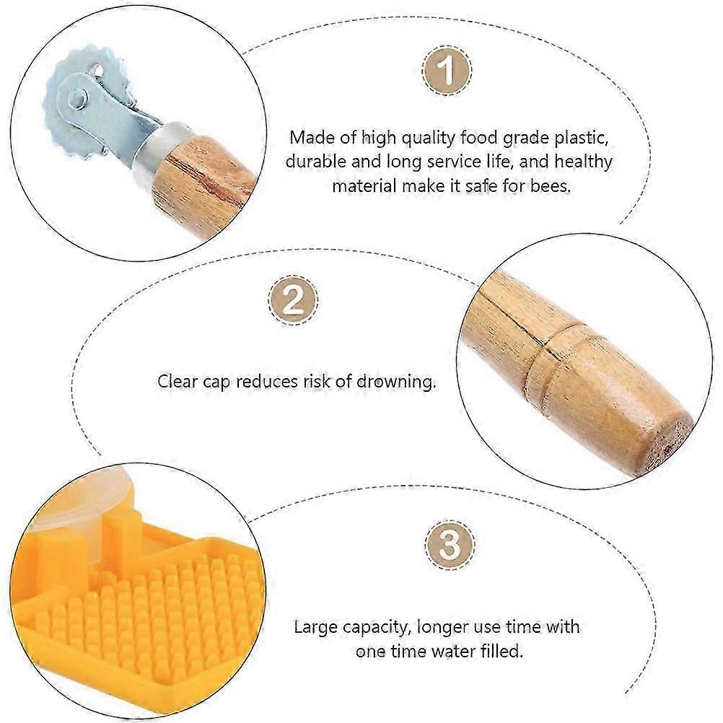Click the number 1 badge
pos(447,70)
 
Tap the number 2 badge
pos(293,300)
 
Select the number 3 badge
pos(450,545)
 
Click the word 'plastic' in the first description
pos(581,139)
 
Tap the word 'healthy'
pos(583,162)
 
